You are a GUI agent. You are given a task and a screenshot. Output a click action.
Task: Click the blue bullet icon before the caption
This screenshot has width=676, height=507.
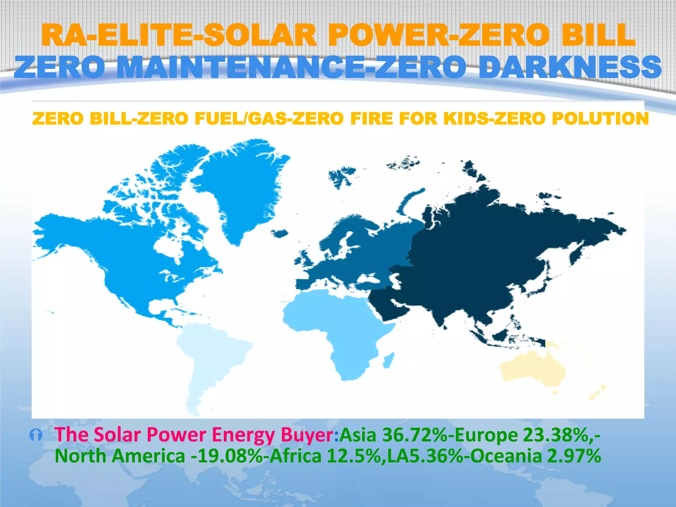(x=36, y=436)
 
